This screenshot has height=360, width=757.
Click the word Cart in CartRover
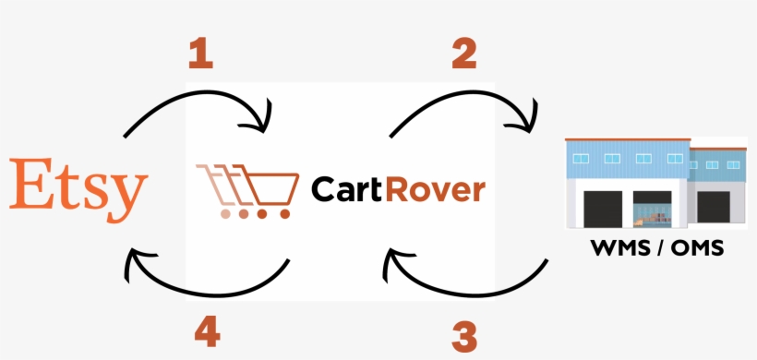pos(346,189)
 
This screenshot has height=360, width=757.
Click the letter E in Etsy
pos(30,185)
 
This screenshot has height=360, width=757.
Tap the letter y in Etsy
pos(129,194)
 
